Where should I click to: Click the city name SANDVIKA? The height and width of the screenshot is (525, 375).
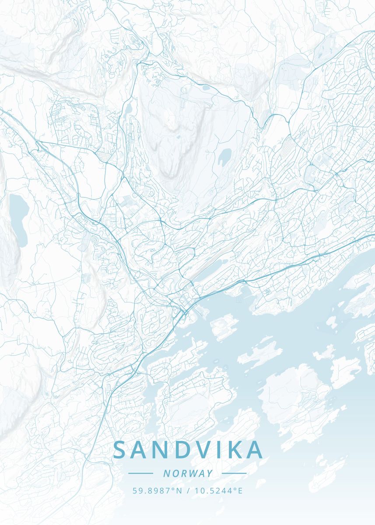[x=188, y=450]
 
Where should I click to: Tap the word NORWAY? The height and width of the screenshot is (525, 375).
[x=188, y=473]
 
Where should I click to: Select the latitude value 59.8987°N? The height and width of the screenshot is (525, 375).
[x=157, y=490]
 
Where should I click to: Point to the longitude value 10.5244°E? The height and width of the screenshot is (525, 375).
[x=217, y=490]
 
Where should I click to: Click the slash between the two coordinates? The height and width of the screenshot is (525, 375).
[x=188, y=490]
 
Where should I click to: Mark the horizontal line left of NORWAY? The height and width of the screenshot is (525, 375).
[x=140, y=473]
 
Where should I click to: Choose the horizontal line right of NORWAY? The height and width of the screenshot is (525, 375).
[x=234, y=473]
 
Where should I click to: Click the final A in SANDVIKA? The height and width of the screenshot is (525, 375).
[x=255, y=450]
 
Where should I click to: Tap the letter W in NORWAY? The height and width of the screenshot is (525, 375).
[x=191, y=473]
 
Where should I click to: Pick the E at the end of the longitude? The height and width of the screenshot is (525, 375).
[x=240, y=490]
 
